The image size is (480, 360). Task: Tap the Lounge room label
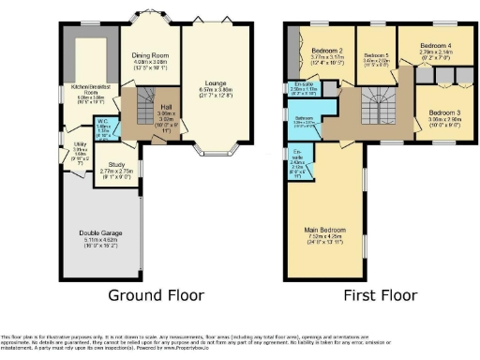coord(216,56)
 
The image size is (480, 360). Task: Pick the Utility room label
coord(80,145)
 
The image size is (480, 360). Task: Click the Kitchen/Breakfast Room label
coord(90,93)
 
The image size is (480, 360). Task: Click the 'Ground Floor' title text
coord(157,295)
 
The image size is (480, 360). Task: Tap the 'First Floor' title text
coord(380,295)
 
